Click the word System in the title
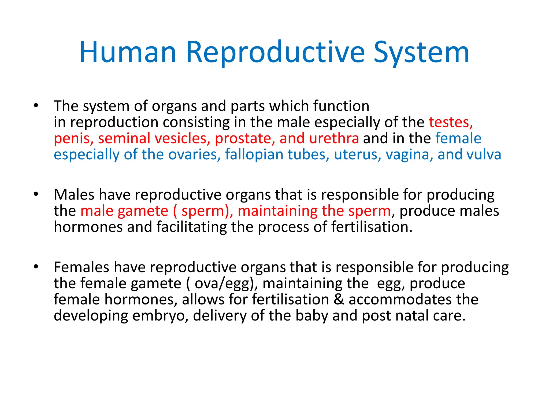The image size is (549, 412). (x=421, y=53)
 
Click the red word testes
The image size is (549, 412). (x=450, y=122)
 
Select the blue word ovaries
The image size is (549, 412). (x=194, y=155)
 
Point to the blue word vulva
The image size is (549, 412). (x=484, y=155)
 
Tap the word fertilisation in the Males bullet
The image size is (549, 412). (x=372, y=227)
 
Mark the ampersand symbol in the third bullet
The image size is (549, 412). (x=339, y=299)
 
